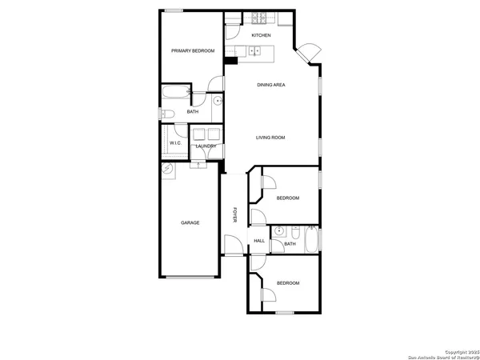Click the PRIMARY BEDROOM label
pos(193,51)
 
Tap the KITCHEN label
pos(261,36)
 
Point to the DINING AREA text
pos(271,85)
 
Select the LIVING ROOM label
pos(270,138)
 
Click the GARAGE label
pos(190,222)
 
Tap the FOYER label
pos(234,215)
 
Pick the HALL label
pos(259,241)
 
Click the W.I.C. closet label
pos(175,144)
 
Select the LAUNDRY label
pos(206,146)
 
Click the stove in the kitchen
pos(259,18)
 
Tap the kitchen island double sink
pos(254,50)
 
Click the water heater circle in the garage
pos(166,170)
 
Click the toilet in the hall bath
pos(294,234)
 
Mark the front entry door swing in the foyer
pos(232,246)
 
